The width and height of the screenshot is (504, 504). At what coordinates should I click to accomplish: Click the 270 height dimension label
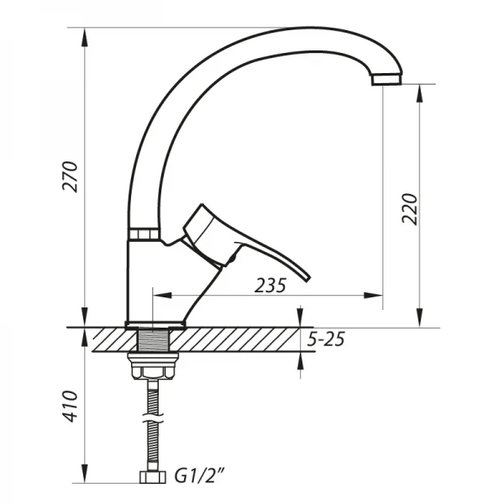tap(73, 176)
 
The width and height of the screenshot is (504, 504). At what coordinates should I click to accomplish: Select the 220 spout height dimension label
tap(409, 208)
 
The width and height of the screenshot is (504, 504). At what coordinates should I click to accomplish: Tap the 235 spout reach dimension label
tap(270, 286)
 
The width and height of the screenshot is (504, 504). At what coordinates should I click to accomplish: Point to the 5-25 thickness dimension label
tap(326, 340)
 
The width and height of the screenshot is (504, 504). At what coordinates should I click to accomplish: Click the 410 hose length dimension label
tap(73, 407)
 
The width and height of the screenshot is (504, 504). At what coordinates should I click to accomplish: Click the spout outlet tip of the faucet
tap(386, 81)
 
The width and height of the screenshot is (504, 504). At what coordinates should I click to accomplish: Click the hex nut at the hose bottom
tap(153, 479)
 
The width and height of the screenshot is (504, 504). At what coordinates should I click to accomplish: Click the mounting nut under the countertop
tap(152, 369)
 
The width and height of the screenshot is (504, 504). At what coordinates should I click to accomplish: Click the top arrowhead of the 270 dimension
tap(85, 34)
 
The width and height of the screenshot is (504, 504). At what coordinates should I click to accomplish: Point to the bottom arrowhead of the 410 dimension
tap(85, 478)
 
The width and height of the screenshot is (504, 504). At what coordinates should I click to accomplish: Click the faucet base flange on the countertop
tap(155, 324)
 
